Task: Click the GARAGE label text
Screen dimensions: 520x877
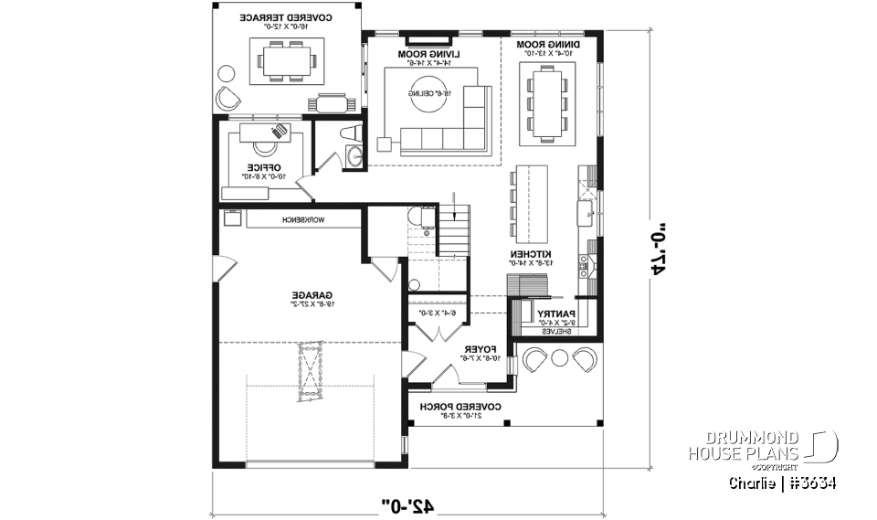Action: tap(312, 295)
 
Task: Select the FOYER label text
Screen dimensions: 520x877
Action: tap(478, 350)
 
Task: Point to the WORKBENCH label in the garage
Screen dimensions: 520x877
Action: tap(304, 220)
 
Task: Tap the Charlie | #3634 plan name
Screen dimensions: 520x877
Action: tap(782, 482)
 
